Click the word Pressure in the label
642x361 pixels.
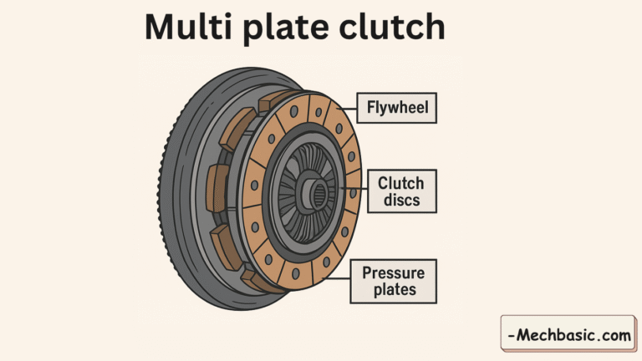pos(393,273)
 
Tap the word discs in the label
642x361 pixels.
pos(401,201)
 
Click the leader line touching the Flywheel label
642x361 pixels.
pos(345,108)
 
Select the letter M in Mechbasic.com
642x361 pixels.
pos(523,337)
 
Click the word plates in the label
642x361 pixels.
pos(393,291)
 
